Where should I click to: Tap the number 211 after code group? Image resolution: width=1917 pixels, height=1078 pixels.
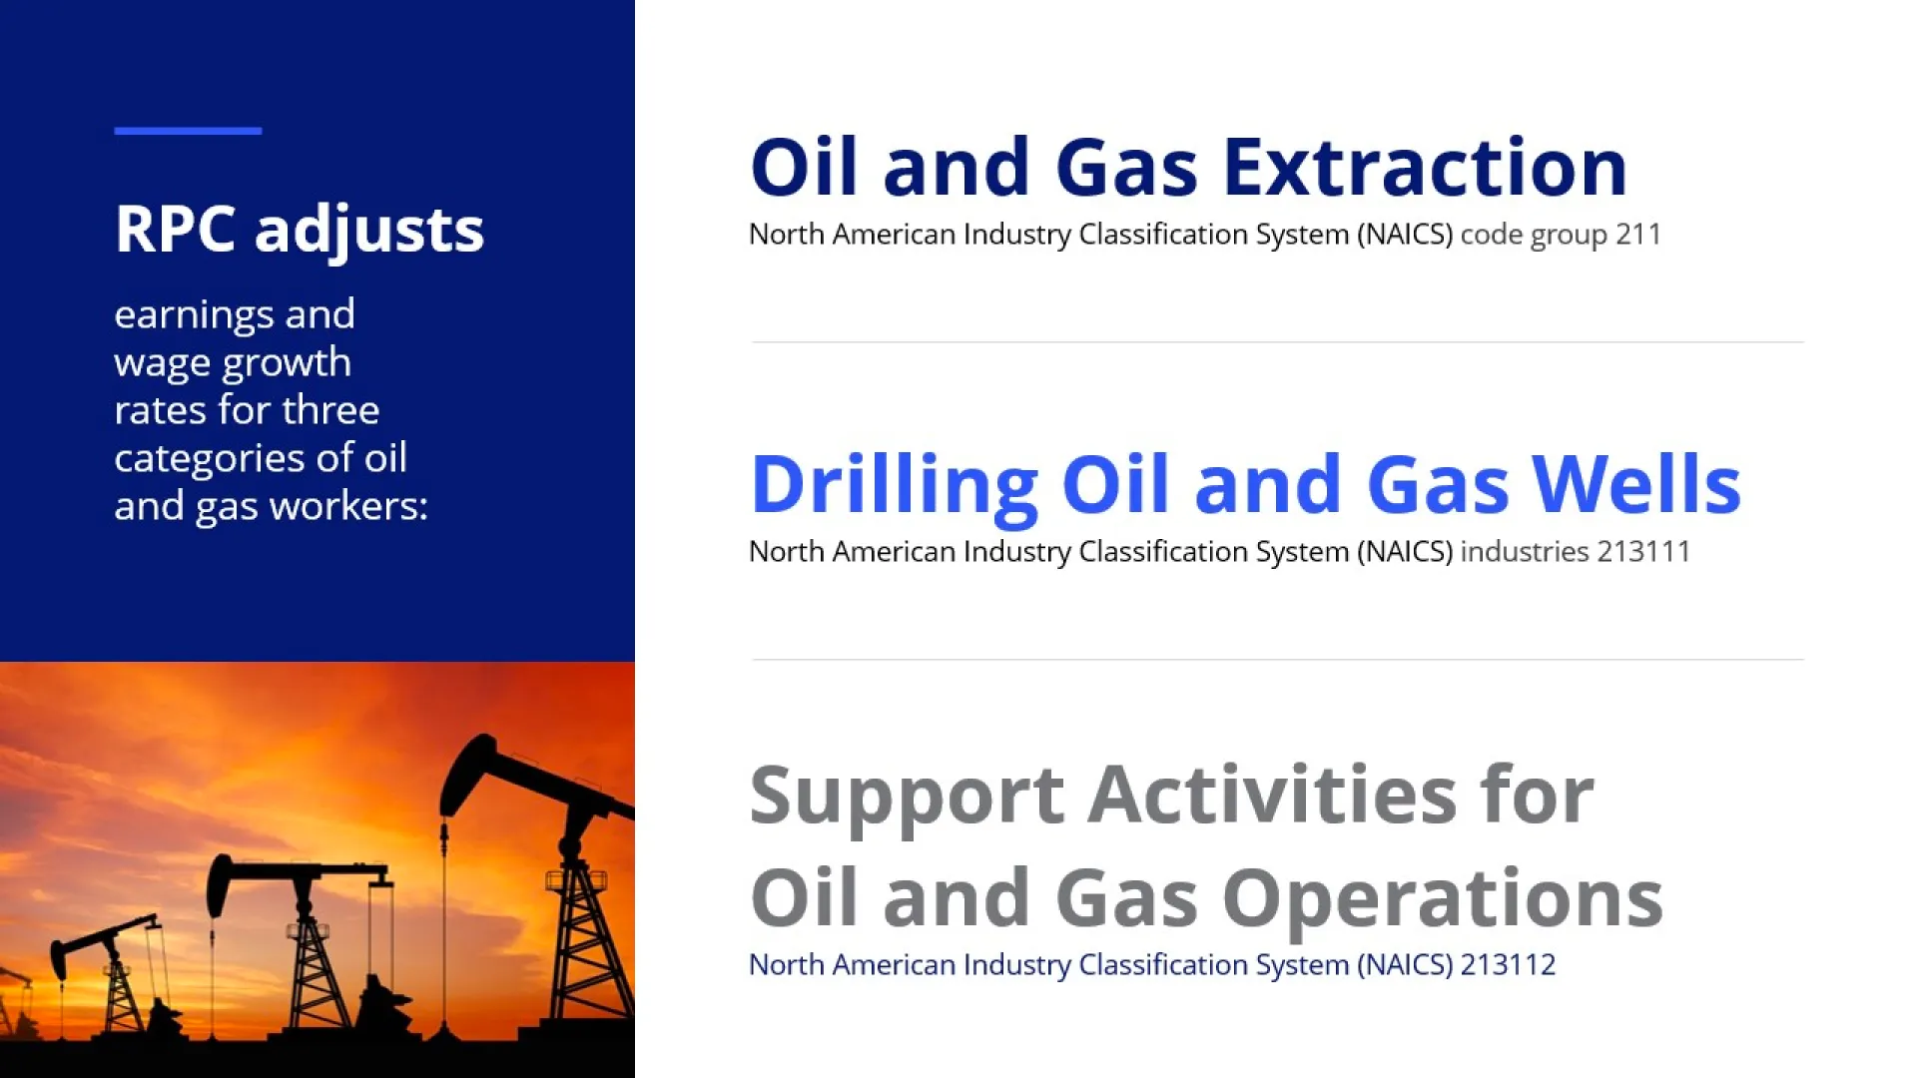coord(1638,235)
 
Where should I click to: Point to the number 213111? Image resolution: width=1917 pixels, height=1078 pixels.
coord(1643,552)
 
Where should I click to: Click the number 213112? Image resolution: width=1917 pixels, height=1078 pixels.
coord(1508,965)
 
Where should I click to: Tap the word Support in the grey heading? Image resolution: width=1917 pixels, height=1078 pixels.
coord(907,799)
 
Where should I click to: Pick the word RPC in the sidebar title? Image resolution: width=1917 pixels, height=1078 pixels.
coord(176,230)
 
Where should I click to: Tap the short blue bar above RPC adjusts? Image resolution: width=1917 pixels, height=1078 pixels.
coord(188,131)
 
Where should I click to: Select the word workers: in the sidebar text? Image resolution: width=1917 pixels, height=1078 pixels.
coord(348,506)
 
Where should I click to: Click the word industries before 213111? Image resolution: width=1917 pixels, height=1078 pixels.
coord(1525,552)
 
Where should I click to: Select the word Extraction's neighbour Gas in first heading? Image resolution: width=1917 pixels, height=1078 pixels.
coord(1126,167)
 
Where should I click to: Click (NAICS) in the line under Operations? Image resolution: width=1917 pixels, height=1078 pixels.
coord(1405,965)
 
